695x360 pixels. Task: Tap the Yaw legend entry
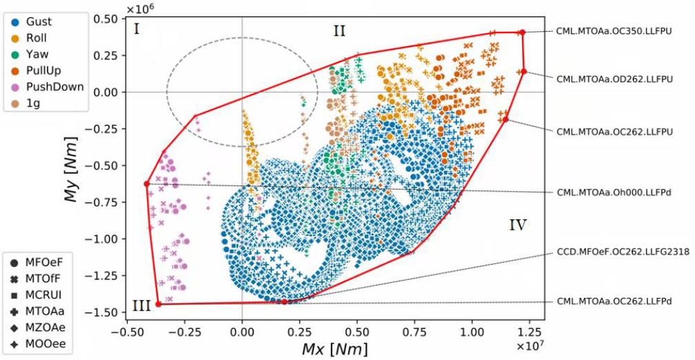tap(30, 54)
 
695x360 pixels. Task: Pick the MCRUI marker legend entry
tap(43, 295)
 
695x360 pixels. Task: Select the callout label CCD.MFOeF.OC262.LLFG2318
tap(623, 252)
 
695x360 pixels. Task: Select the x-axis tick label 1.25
tap(530, 330)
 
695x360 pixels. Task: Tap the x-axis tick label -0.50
tap(125, 330)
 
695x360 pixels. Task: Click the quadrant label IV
tap(518, 225)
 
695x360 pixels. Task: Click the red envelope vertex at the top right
tap(522, 32)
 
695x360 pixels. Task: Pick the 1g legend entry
tap(28, 103)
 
